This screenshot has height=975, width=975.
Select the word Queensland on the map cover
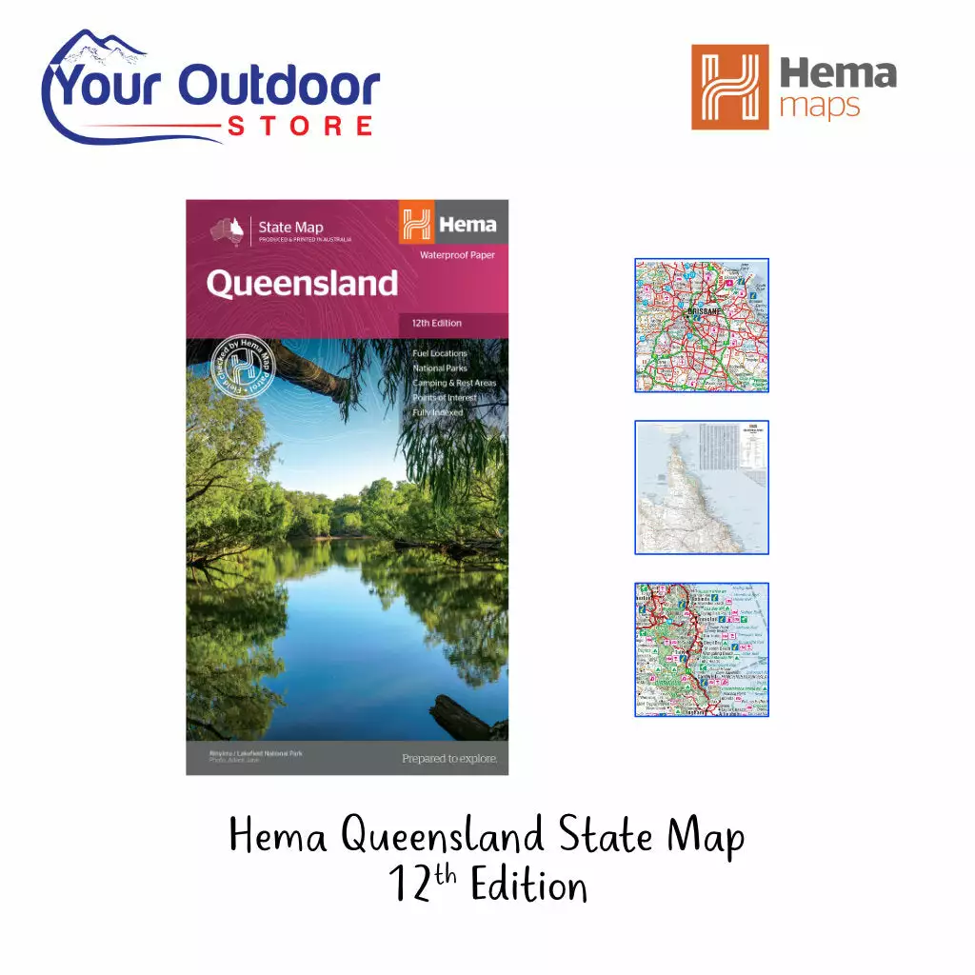click(302, 284)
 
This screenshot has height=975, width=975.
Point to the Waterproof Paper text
click(457, 255)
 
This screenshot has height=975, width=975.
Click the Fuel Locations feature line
click(439, 353)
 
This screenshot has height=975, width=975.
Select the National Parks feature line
click(439, 368)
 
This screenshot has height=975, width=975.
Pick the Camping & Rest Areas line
click(453, 383)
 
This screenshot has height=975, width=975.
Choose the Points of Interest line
click(444, 398)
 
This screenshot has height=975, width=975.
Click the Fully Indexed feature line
click(437, 412)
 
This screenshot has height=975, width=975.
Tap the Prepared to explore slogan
click(449, 759)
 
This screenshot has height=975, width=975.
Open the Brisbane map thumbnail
click(702, 326)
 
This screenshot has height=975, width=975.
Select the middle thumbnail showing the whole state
click(702, 487)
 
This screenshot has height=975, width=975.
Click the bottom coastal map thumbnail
click(702, 649)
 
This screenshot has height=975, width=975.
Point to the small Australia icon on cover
click(229, 230)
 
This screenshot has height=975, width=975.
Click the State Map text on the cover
click(290, 227)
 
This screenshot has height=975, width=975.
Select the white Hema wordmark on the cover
click(467, 225)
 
